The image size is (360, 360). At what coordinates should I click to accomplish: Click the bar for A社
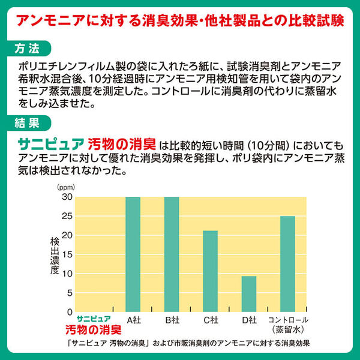133,254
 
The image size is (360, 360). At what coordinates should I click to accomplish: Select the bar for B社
172,254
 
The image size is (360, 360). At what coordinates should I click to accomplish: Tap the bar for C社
210,271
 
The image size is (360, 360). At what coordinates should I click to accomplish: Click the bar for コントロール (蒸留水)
287,263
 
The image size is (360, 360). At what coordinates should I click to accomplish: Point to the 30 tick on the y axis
66,197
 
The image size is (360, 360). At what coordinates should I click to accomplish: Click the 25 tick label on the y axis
66,217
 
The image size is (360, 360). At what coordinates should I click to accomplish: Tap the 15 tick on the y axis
66,254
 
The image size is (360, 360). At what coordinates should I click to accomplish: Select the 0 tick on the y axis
69,312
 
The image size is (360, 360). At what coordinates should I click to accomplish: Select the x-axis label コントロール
288,319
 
